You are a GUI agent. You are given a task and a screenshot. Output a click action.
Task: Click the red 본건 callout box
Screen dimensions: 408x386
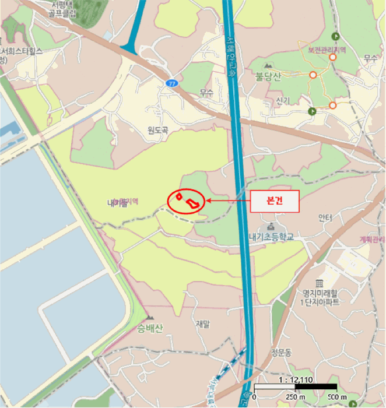275,201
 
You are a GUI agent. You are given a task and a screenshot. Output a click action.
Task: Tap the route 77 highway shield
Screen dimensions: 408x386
171,83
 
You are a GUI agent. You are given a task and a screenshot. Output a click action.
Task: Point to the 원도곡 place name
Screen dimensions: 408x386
157,131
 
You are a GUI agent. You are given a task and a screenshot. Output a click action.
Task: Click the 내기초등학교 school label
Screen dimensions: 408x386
269,237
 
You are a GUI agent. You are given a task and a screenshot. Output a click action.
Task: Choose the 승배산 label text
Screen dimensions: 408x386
151,328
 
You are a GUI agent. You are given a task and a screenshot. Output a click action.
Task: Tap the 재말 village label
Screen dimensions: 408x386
202,323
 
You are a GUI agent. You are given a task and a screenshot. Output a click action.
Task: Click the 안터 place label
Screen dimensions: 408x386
325,217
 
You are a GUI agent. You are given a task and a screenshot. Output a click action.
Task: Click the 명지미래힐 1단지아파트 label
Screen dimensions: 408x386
320,297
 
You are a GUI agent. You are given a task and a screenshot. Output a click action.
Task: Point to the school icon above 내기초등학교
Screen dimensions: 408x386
271,226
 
